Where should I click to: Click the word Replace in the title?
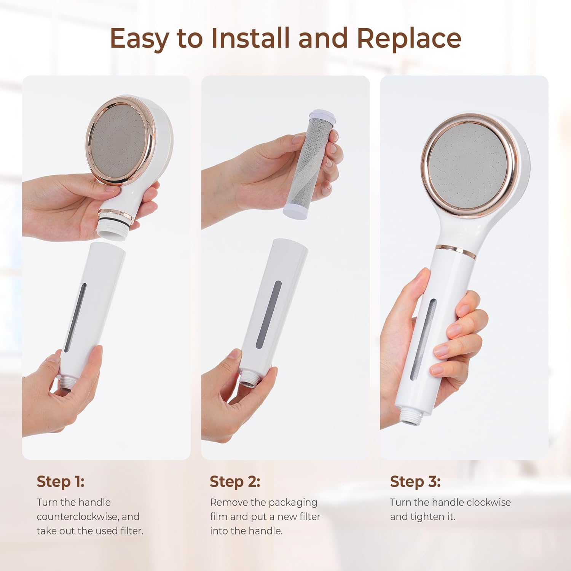[x=409, y=38]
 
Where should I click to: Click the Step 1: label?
[x=61, y=482]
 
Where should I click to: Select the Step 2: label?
[x=235, y=482]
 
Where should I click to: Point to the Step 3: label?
[x=415, y=482]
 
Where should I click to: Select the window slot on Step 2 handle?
[x=268, y=314]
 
